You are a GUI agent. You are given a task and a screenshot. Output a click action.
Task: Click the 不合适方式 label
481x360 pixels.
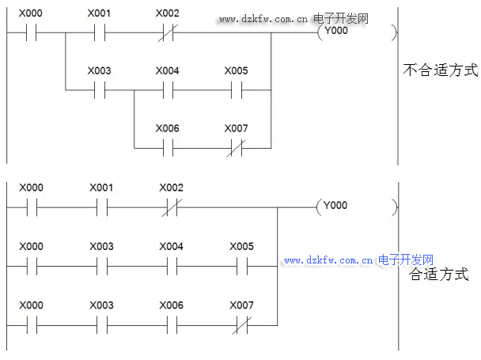pyautogui.click(x=441, y=70)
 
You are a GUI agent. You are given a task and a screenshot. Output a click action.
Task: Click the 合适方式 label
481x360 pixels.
pyautogui.click(x=438, y=275)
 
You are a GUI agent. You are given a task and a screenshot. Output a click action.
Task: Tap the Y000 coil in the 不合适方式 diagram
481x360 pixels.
pyautogui.click(x=331, y=33)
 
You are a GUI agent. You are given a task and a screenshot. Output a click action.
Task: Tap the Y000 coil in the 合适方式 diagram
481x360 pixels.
pyautogui.click(x=331, y=207)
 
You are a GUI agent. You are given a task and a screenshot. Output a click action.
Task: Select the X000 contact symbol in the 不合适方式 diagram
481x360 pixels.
pyautogui.click(x=31, y=33)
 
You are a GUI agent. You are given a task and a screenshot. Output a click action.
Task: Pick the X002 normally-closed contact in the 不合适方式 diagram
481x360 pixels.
pyautogui.click(x=167, y=33)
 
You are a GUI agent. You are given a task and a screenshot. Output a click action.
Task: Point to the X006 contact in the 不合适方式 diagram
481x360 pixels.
pyautogui.click(x=167, y=147)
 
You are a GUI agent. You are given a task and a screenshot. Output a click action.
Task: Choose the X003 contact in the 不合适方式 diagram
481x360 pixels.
pyautogui.click(x=99, y=89)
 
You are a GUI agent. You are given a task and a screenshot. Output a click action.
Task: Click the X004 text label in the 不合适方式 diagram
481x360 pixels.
pyautogui.click(x=167, y=71)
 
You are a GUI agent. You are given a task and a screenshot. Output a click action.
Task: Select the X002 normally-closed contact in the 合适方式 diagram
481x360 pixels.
pyautogui.click(x=171, y=207)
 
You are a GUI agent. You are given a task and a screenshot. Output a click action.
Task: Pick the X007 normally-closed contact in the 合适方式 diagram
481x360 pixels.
pyautogui.click(x=241, y=324)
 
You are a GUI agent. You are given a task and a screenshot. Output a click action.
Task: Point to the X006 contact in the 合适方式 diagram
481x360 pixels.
pyautogui.click(x=171, y=324)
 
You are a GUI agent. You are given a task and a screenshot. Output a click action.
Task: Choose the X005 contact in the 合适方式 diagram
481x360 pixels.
pyautogui.click(x=241, y=266)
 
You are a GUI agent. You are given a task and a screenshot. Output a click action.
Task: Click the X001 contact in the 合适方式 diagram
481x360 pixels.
pyautogui.click(x=101, y=207)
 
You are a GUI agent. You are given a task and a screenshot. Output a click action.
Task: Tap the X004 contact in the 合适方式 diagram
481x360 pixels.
pyautogui.click(x=171, y=266)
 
